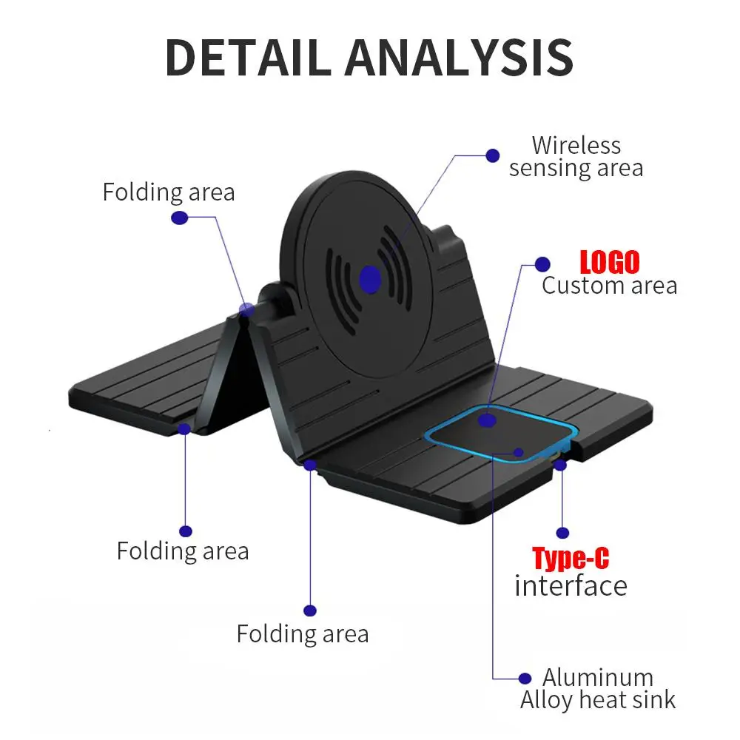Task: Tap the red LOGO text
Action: tap(609, 262)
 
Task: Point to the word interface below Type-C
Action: tap(571, 586)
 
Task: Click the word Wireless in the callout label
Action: tap(576, 145)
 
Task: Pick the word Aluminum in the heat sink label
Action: tap(598, 677)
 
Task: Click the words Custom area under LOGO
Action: tap(609, 286)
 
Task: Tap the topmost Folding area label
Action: tap(169, 192)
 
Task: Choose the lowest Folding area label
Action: tap(302, 634)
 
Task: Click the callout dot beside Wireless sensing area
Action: tap(492, 155)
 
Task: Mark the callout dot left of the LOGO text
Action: tap(542, 264)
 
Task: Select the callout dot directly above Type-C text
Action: tap(562, 532)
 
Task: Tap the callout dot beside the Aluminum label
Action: tap(525, 678)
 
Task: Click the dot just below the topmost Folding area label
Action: tap(178, 218)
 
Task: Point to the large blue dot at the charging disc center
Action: tap(370, 279)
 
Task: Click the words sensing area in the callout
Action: tap(576, 169)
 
